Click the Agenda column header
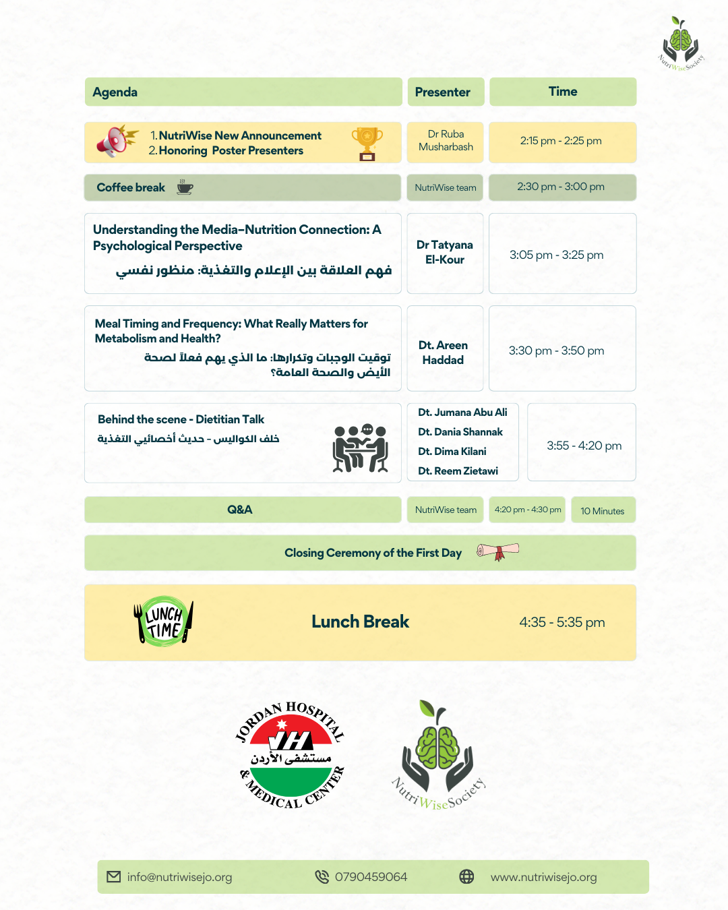tap(115, 92)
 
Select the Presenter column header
tap(443, 92)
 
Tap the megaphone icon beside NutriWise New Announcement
tap(115, 141)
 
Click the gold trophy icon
tap(367, 144)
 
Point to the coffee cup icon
tap(185, 187)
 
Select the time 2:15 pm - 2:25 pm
tap(561, 141)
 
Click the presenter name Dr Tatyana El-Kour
tap(445, 252)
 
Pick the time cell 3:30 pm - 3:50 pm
tap(557, 351)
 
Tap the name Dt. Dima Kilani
tap(452, 452)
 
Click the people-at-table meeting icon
tap(361, 449)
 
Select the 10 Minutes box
tap(603, 511)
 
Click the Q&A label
tap(240, 510)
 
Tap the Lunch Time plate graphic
tap(164, 621)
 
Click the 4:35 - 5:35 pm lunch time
tap(562, 622)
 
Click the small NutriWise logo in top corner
tap(681, 44)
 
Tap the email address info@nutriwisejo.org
tap(179, 877)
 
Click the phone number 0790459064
tap(371, 877)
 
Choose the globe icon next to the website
tap(466, 876)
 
